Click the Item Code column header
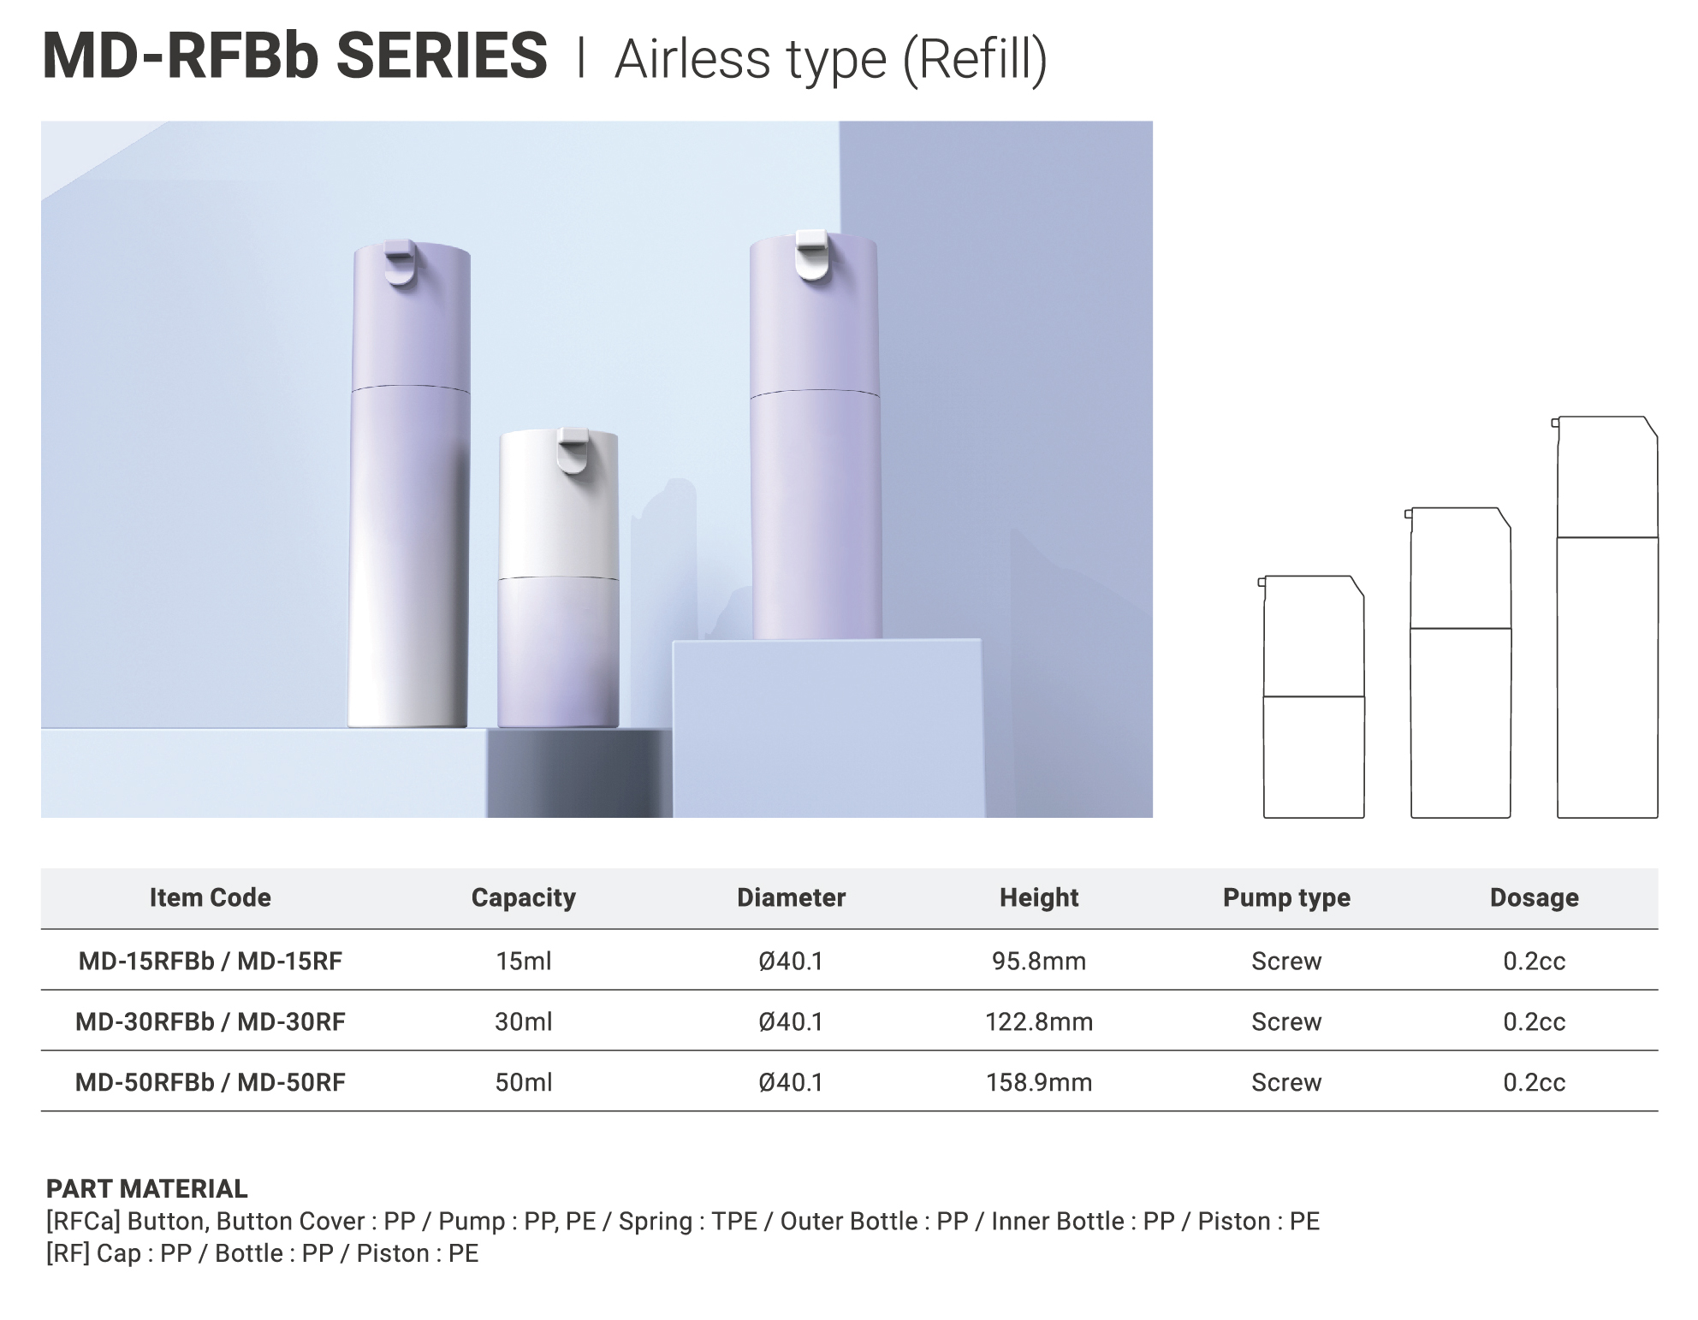click(x=210, y=897)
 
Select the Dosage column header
click(x=1534, y=897)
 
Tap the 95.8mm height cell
click(x=1039, y=961)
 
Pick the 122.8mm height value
click(x=1039, y=1021)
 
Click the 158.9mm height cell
click(x=1039, y=1082)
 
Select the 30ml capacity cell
click(x=523, y=1021)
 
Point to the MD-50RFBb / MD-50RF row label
click(x=210, y=1082)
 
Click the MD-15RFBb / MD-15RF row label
click(x=210, y=961)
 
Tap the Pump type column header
click(x=1286, y=897)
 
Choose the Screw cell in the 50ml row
click(x=1286, y=1082)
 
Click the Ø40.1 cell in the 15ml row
click(x=791, y=961)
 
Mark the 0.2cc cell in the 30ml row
click(x=1534, y=1021)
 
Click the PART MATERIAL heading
click(x=146, y=1188)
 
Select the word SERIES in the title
click(x=442, y=56)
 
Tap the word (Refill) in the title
click(x=975, y=59)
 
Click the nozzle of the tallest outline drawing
click(x=1554, y=422)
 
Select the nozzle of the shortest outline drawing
click(x=1261, y=583)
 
